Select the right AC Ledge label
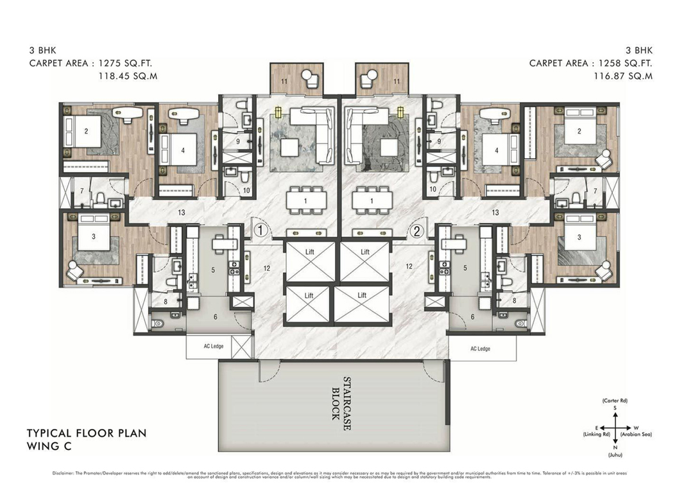[479, 349]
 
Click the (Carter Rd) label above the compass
[614, 401]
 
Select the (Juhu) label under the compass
[614, 455]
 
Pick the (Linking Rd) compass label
[592, 435]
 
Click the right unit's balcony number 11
[397, 82]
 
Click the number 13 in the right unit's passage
[495, 213]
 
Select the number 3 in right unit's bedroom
[579, 237]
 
